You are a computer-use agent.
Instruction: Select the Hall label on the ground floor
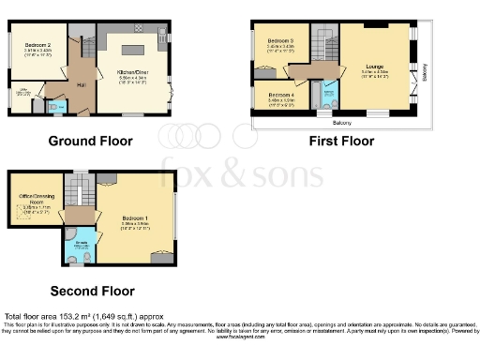[82, 82]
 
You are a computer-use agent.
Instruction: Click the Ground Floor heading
[91, 142]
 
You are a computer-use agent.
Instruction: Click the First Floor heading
[341, 142]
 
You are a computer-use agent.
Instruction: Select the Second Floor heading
[92, 291]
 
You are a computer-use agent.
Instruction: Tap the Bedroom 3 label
[280, 42]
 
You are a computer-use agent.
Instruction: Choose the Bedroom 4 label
[280, 96]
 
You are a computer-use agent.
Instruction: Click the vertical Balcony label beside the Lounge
[425, 73]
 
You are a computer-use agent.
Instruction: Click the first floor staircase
[322, 47]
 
